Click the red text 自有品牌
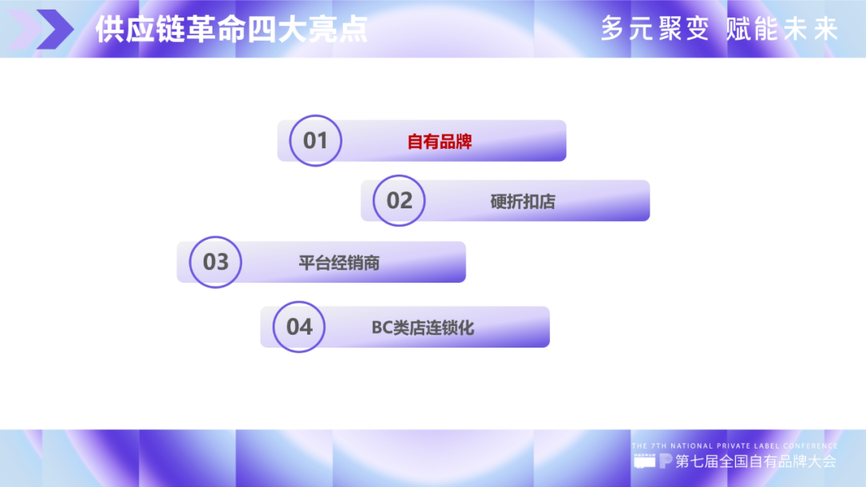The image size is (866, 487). pyautogui.click(x=439, y=142)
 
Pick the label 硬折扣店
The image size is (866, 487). pyautogui.click(x=523, y=202)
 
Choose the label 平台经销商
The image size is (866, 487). pyautogui.click(x=339, y=263)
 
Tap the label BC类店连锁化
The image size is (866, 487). pyautogui.click(x=423, y=328)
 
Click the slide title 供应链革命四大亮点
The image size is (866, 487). pyautogui.click(x=232, y=29)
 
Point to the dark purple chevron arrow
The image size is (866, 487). pyautogui.click(x=55, y=29)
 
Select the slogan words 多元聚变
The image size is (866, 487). pyautogui.click(x=655, y=29)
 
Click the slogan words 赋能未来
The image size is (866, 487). pyautogui.click(x=783, y=29)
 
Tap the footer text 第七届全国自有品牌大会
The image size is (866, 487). pyautogui.click(x=755, y=461)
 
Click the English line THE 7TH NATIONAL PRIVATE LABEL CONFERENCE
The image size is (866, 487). pyautogui.click(x=734, y=445)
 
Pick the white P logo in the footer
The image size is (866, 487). pyautogui.click(x=666, y=461)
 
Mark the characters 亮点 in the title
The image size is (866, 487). pyautogui.click(x=338, y=29)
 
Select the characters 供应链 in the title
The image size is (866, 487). pyautogui.click(x=140, y=29)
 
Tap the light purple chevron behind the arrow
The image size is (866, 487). pyautogui.click(x=25, y=29)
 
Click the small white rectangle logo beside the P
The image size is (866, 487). pyautogui.click(x=645, y=461)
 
